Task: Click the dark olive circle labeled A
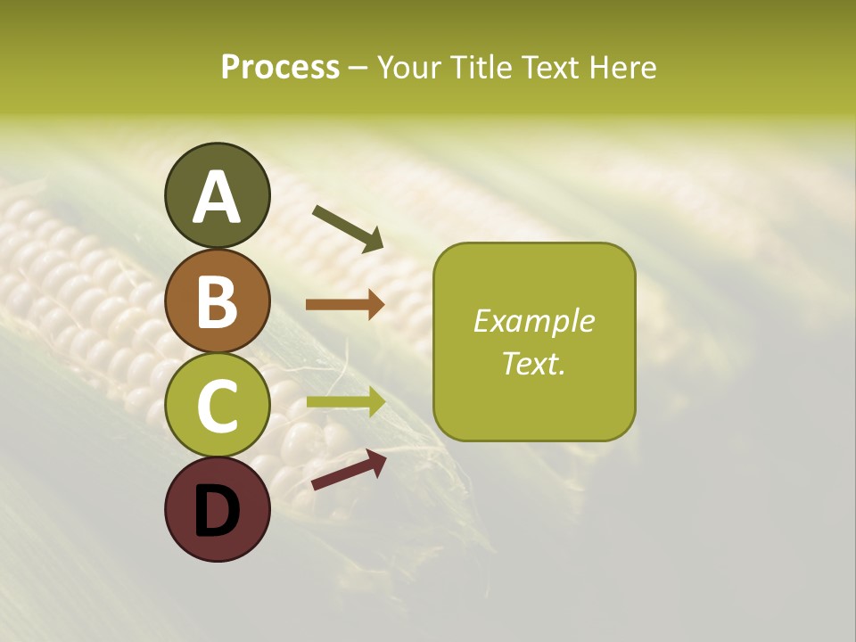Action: tap(217, 195)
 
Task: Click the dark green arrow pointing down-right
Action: tap(349, 227)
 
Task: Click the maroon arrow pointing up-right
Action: tap(349, 470)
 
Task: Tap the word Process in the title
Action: tap(280, 68)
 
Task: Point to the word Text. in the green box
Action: tap(533, 363)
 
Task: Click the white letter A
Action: tap(217, 197)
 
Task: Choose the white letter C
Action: tap(217, 406)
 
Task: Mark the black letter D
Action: tap(217, 511)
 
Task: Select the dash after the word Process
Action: tap(358, 69)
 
